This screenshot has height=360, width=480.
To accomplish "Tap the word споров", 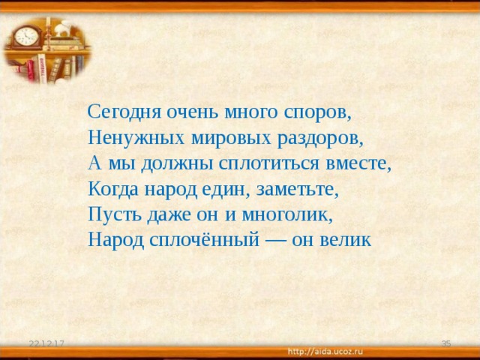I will tap(318, 112).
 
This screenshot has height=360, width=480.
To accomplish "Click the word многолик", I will tap(285, 215).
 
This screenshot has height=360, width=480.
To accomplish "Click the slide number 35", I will tap(445, 343).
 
